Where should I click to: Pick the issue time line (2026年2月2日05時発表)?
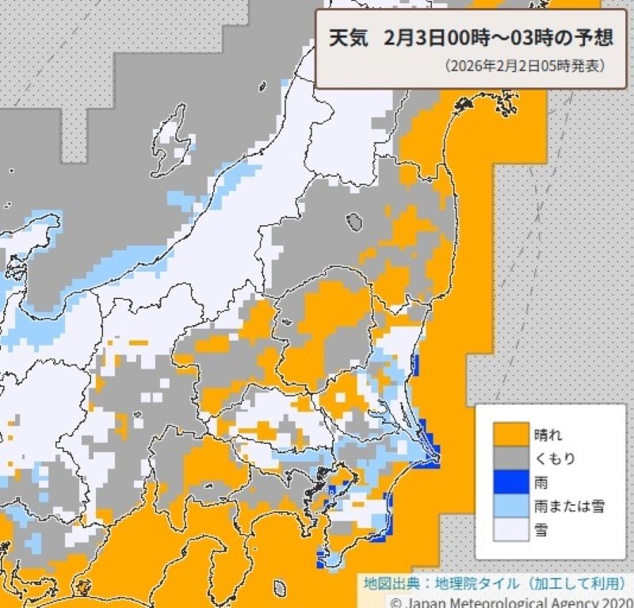(x=525, y=66)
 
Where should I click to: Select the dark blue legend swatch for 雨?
(x=512, y=482)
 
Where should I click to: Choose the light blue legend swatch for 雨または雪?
(x=512, y=506)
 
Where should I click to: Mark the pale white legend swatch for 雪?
(x=512, y=530)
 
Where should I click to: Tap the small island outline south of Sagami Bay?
(x=280, y=587)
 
